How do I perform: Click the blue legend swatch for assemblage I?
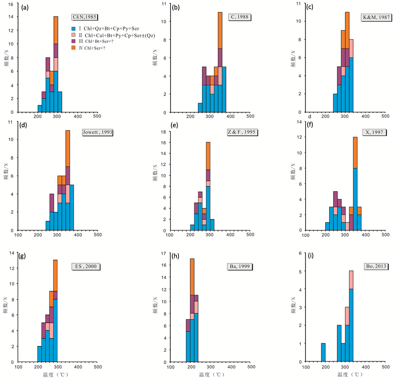(73, 28)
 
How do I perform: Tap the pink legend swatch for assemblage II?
(73, 35)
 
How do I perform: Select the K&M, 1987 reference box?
(375, 17)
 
